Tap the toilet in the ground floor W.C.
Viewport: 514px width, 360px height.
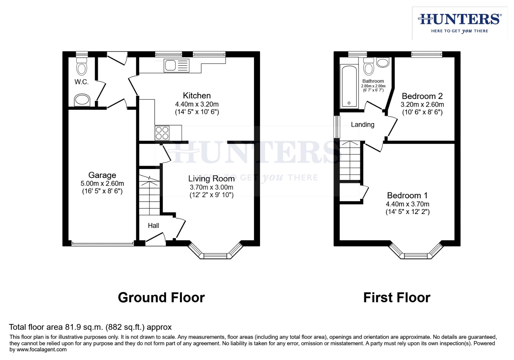coord(82,67)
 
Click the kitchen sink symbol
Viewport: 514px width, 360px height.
coord(176,65)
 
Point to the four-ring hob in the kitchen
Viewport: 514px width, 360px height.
coord(162,133)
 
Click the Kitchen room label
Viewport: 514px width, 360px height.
coord(197,96)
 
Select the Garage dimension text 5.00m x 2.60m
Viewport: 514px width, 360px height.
coord(102,183)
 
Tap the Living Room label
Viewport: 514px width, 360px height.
coord(211,179)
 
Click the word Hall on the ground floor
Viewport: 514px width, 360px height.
coord(153,226)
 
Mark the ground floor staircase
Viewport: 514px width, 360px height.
coord(149,195)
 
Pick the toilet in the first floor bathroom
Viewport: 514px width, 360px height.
coord(369,67)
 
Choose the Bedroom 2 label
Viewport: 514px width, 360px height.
coord(422,96)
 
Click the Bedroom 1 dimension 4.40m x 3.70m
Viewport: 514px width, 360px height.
coord(407,204)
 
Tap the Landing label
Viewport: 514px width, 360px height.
coord(362,125)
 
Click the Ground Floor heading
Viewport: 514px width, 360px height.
coord(161,297)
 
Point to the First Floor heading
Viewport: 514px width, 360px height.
coord(397,297)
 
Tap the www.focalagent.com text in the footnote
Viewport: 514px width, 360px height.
coord(42,350)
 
